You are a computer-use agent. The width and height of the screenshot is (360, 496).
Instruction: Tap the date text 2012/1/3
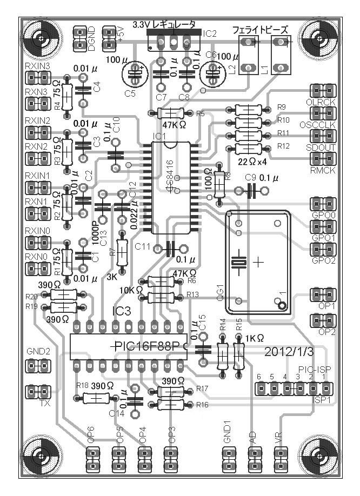[x=289, y=351]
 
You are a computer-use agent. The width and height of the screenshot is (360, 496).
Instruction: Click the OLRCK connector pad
[x=323, y=90]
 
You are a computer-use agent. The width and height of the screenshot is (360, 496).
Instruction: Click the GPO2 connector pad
[x=323, y=249]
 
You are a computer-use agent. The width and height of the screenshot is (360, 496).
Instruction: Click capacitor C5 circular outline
[x=133, y=73]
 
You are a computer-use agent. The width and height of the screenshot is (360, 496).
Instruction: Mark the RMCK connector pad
[x=323, y=159]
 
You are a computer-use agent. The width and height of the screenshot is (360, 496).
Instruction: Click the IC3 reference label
[x=121, y=312]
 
